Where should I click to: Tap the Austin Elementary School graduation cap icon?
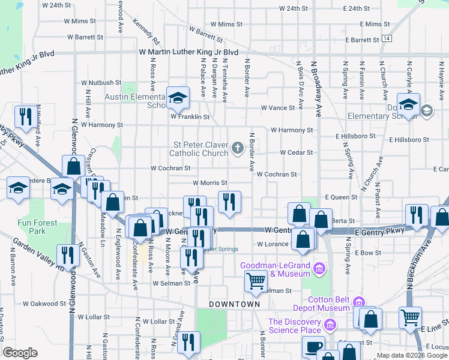pyautogui.click(x=178, y=98)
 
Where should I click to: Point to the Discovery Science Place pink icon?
pyautogui.click(x=329, y=325)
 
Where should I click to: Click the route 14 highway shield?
pyautogui.click(x=387, y=39)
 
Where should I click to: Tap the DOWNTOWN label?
pyautogui.click(x=234, y=304)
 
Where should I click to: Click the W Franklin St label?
pyautogui.click(x=190, y=117)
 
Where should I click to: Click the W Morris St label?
pyautogui.click(x=209, y=183)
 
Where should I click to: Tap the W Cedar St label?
pyautogui.click(x=296, y=152)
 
